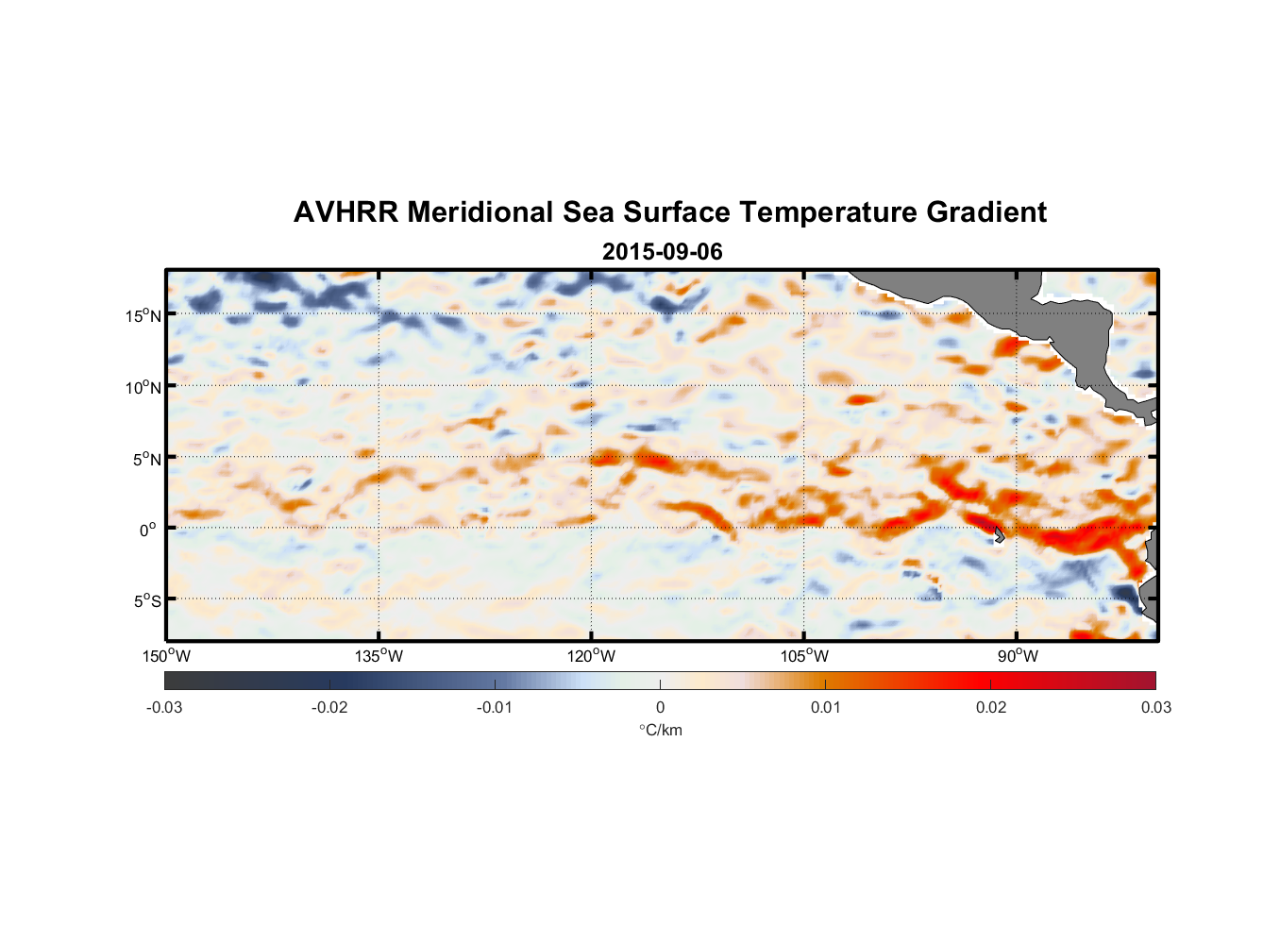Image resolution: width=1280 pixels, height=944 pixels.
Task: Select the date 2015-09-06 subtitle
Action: point(662,252)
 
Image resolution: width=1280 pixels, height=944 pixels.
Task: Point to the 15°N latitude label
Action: point(143,315)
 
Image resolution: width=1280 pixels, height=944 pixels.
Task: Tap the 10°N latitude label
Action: point(143,387)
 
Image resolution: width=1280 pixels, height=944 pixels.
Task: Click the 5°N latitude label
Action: point(146,459)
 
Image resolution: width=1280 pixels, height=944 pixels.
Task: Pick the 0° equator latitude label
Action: point(148,530)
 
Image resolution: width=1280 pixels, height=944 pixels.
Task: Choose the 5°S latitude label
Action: point(146,601)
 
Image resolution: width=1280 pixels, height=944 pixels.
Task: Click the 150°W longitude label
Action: point(167,656)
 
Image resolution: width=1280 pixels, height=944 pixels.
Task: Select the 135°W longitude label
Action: point(379,656)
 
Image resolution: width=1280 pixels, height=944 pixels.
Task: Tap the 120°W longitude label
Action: point(592,656)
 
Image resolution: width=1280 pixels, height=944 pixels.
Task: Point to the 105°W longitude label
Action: point(804,656)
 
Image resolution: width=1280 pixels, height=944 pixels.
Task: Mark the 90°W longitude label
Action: point(1018,656)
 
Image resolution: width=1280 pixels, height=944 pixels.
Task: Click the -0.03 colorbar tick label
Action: point(164,707)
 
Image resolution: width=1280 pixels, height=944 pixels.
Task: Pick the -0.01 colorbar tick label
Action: point(495,707)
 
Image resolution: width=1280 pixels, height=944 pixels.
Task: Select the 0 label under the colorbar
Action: point(660,707)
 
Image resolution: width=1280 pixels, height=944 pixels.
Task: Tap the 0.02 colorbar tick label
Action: point(991,707)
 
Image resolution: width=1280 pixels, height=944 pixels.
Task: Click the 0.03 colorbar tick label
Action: point(1155,707)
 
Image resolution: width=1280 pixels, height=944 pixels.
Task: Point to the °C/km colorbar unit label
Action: point(661,730)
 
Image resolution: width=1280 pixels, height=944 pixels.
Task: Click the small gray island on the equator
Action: point(998,534)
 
